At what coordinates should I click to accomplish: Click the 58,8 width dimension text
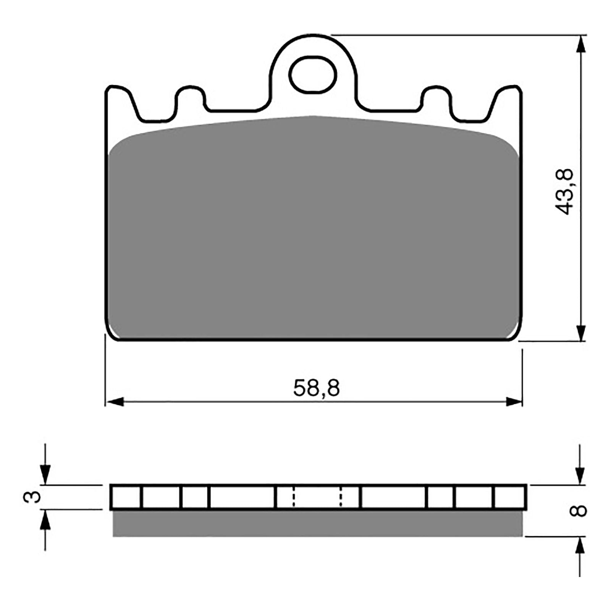[x=316, y=388]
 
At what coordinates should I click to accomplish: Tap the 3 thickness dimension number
[x=33, y=497]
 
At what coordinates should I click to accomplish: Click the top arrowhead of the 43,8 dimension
[x=581, y=44]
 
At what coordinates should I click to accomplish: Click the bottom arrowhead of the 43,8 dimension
[x=581, y=331]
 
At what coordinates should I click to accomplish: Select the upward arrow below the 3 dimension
[x=45, y=520]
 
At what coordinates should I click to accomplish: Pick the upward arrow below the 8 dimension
[x=580, y=547]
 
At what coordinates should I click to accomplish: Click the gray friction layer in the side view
[x=317, y=524]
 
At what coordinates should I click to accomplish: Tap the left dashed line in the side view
[x=293, y=497]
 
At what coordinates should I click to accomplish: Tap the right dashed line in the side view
[x=341, y=497]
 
